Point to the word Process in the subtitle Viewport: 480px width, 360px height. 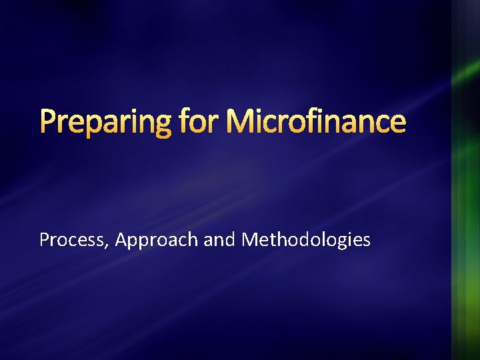click(69, 240)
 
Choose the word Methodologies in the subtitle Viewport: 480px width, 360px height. click(305, 240)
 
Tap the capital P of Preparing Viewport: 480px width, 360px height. click(48, 123)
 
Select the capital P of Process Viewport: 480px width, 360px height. click(45, 240)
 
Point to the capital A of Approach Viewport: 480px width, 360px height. click(121, 240)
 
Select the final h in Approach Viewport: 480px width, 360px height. click(194, 240)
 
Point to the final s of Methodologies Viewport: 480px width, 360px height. click(366, 241)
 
